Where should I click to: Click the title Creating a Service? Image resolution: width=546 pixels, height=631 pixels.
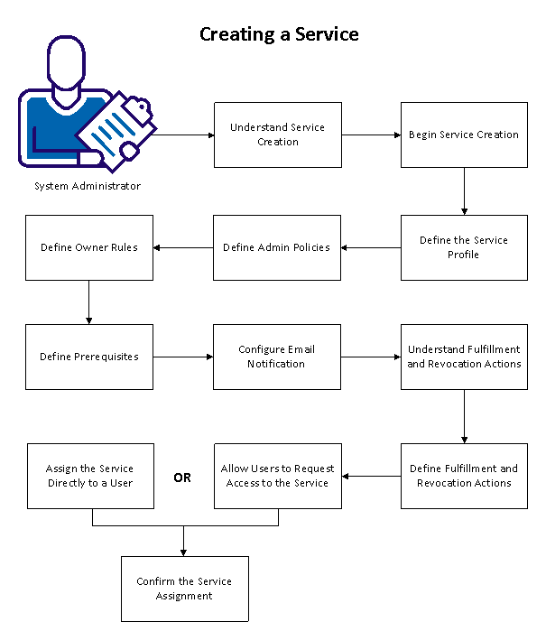coord(278,34)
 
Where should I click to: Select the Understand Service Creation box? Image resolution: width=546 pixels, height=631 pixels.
coord(277,135)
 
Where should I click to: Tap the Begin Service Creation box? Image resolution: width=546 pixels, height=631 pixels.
coord(464,135)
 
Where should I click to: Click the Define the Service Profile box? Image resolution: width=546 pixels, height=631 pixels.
coord(464,247)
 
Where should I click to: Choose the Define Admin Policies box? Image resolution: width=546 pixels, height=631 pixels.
coord(277,247)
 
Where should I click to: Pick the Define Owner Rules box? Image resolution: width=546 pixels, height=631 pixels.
coord(89,247)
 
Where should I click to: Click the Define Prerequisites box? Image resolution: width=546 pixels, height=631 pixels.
coord(89,357)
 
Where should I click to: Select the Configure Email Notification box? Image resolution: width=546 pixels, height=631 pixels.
coord(277,357)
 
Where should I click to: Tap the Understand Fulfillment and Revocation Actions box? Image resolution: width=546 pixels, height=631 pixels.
coord(464,357)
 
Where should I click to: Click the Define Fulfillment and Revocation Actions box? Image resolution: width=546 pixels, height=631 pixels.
coord(464,476)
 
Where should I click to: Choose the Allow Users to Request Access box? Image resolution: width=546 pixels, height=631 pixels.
coord(277,476)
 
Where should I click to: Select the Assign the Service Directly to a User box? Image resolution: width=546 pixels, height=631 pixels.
coord(90,476)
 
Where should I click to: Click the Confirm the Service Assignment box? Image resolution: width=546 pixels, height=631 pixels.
coord(184,589)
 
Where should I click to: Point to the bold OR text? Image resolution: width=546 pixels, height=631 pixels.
coord(182,478)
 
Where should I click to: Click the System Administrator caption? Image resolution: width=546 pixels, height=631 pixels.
coord(88,186)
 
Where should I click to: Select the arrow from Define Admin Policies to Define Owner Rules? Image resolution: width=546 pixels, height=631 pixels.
coord(183,247)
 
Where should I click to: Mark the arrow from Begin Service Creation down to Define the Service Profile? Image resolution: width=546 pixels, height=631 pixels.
coord(464,190)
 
